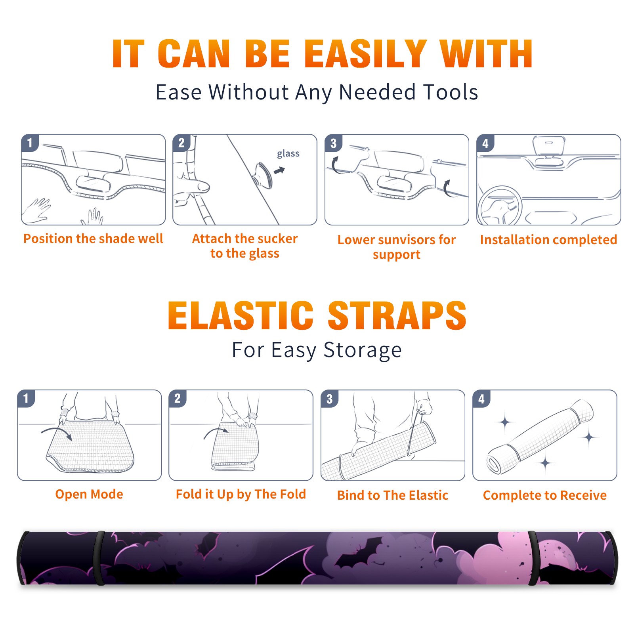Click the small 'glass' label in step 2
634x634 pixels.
(x=288, y=154)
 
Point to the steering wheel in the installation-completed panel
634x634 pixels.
(x=500, y=206)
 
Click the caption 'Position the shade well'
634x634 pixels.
(x=93, y=239)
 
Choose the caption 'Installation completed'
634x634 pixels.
(x=548, y=239)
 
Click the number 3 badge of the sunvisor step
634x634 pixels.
(x=333, y=143)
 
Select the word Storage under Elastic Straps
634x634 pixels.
(x=363, y=350)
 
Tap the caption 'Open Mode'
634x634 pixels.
(x=89, y=494)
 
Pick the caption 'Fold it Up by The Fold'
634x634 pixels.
(x=241, y=494)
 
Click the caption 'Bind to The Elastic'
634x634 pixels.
(x=392, y=495)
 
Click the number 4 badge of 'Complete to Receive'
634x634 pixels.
(x=481, y=399)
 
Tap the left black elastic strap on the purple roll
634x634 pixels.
(x=99, y=558)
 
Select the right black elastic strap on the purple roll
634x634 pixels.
(x=533, y=558)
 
